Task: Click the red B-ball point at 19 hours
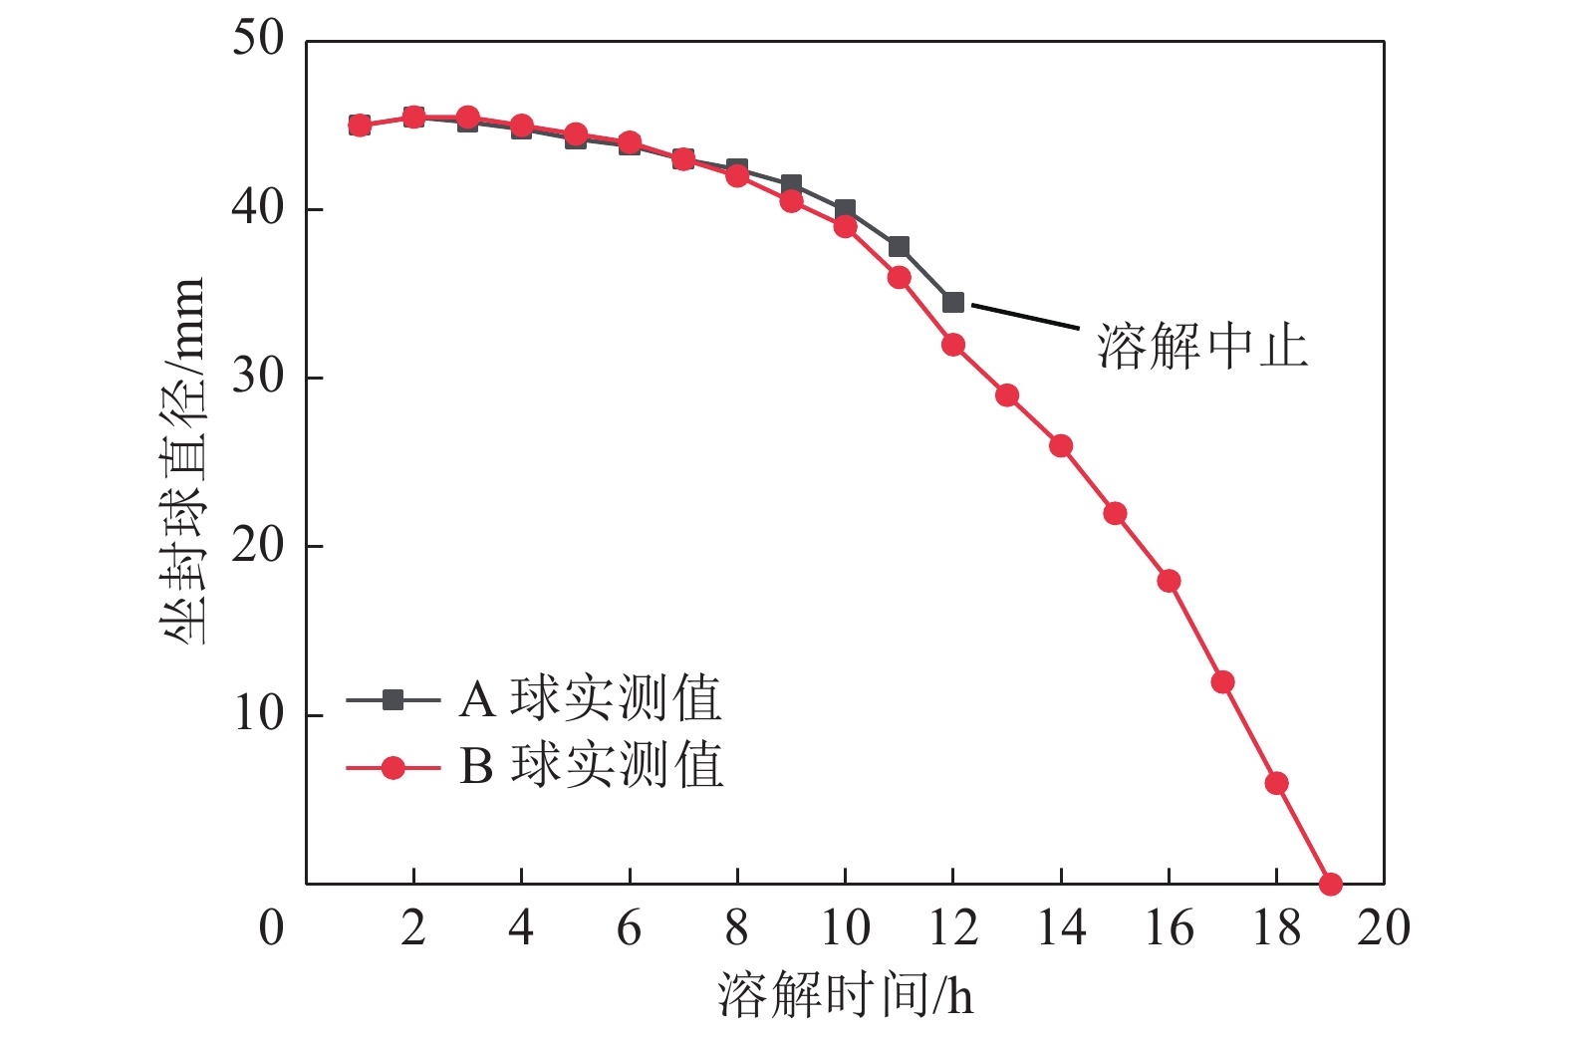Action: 1330,884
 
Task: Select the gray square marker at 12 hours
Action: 953,302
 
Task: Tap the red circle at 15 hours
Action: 1115,514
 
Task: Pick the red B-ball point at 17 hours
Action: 1222,682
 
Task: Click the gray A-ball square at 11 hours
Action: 899,246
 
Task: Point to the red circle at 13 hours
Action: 1007,395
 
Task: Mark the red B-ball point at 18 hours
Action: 1276,783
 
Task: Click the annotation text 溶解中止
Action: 1202,347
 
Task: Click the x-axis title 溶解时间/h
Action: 845,995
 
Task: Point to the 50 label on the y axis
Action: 258,40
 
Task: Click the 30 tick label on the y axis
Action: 258,378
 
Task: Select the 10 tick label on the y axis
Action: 258,714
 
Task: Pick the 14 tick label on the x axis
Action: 1061,928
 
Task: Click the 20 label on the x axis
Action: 1384,928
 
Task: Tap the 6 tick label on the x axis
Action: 629,928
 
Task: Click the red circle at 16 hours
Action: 1169,581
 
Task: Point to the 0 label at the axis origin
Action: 271,928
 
